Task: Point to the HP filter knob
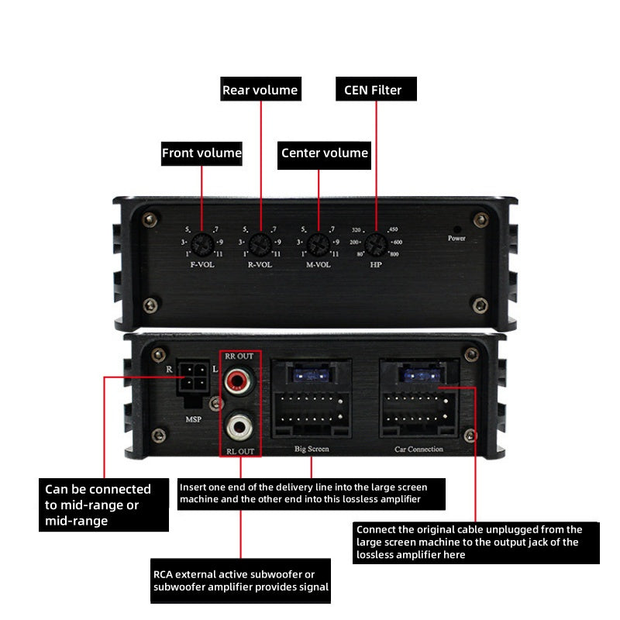(377, 243)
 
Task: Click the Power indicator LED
(456, 230)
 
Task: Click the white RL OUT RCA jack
(239, 425)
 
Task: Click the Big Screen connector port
(312, 400)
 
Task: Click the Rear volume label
(260, 90)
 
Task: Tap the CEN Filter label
(376, 90)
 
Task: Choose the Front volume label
(201, 153)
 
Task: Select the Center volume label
(325, 153)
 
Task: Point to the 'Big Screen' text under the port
(311, 449)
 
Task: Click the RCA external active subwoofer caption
(241, 580)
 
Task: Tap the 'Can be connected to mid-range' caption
(104, 505)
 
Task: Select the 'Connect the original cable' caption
(475, 542)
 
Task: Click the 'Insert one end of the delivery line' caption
(312, 493)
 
